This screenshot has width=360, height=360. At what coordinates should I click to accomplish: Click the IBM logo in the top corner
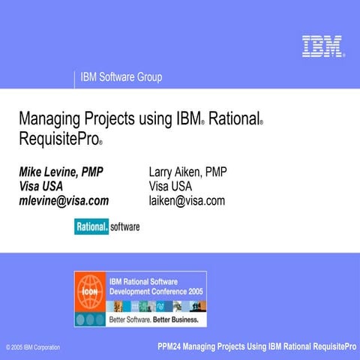(322, 46)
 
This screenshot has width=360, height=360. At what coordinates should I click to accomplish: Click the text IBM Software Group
(121, 76)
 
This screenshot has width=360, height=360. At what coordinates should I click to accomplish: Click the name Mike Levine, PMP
(61, 172)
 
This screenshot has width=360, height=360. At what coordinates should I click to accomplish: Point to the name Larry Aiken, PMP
(187, 172)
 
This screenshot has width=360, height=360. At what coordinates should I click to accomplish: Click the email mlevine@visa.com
(64, 200)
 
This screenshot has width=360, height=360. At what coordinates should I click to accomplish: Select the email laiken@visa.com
(187, 200)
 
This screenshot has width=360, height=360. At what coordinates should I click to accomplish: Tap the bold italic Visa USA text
(40, 186)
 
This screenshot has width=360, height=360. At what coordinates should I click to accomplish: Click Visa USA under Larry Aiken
(170, 186)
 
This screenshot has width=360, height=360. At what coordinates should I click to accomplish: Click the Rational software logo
(106, 225)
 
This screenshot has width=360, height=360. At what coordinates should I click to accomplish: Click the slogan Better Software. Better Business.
(154, 319)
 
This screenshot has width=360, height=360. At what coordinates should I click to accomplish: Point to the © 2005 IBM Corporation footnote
(32, 348)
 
